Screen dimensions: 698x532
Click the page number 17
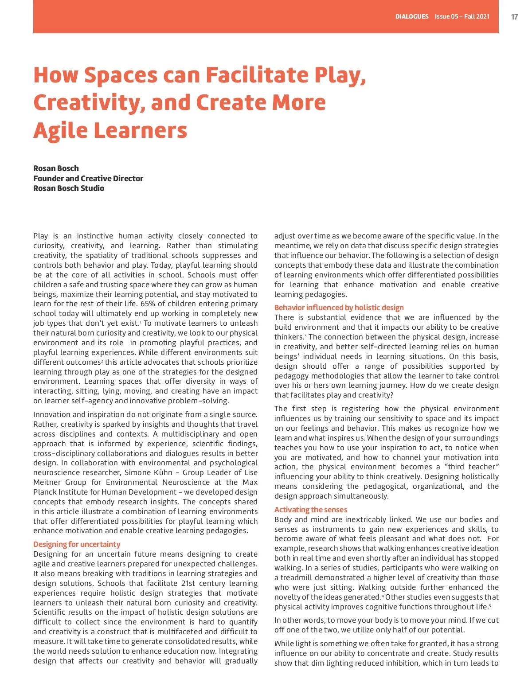[514, 17]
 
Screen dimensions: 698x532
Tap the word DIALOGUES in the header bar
[412, 17]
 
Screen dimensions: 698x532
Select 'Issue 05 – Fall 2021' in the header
[462, 17]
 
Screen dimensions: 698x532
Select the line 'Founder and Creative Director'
[88, 178]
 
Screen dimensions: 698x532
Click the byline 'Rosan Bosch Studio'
[69, 188]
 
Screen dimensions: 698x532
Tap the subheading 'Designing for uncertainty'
[77, 544]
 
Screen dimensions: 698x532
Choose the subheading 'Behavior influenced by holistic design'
[339, 308]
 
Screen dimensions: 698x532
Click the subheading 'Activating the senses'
[310, 510]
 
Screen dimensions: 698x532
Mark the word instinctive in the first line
[94, 236]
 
